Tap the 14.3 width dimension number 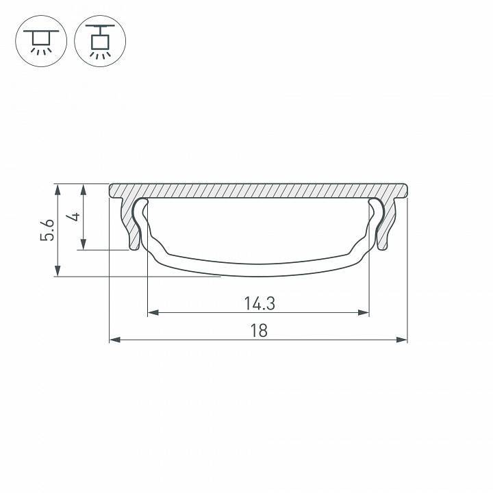pos(258,302)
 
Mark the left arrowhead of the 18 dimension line pos(114,339)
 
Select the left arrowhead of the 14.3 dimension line pos(152,313)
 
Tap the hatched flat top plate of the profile pos(258,190)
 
